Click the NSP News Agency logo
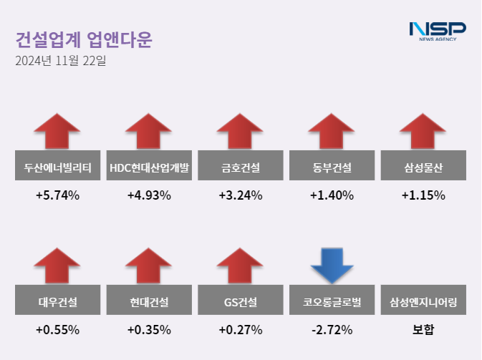[437, 31]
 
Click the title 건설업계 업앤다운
[84, 39]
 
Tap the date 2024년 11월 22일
[60, 61]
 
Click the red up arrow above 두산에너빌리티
[57, 132]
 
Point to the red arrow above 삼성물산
[423, 132]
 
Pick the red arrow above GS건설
[241, 266]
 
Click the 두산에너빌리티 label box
[58, 168]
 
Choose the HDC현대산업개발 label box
[149, 168]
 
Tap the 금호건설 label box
[241, 168]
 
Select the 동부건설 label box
[332, 168]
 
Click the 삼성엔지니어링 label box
[423, 302]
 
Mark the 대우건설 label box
[58, 302]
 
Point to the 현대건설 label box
[149, 302]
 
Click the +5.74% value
[57, 195]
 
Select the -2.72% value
[332, 330]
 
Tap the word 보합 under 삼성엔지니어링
[423, 330]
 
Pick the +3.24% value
[241, 195]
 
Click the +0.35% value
[149, 330]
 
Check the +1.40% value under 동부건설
[332, 195]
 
